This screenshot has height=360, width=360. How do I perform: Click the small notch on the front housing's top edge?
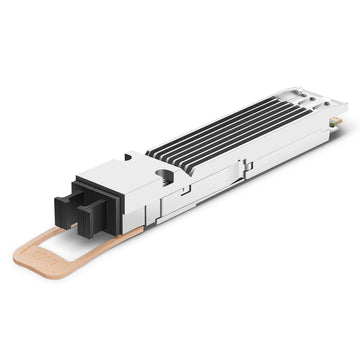[129, 157]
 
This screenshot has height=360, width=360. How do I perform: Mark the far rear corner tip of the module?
[346, 103]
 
